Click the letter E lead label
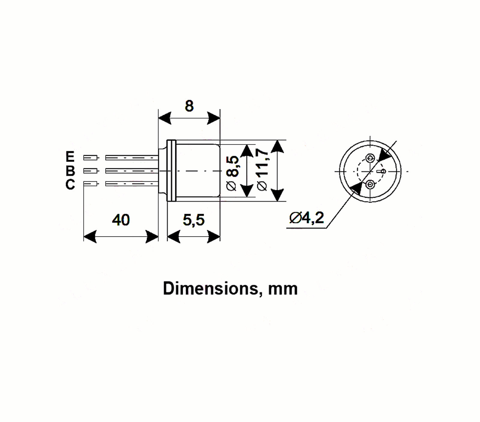pyautogui.click(x=70, y=157)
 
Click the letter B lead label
pyautogui.click(x=70, y=171)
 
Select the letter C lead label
pyautogui.click(x=70, y=185)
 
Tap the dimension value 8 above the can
pyautogui.click(x=189, y=106)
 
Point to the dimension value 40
pyautogui.click(x=121, y=220)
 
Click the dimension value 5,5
pyautogui.click(x=194, y=220)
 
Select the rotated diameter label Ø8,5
pyautogui.click(x=233, y=173)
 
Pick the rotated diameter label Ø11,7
pyautogui.click(x=263, y=170)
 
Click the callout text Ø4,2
pyautogui.click(x=307, y=218)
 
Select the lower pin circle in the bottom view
pyautogui.click(x=370, y=185)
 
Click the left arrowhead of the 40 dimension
pyautogui.click(x=90, y=236)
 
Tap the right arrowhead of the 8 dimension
pyautogui.click(x=214, y=118)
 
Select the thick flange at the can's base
pyautogui.click(x=171, y=171)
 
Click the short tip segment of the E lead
pyautogui.click(x=90, y=157)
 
